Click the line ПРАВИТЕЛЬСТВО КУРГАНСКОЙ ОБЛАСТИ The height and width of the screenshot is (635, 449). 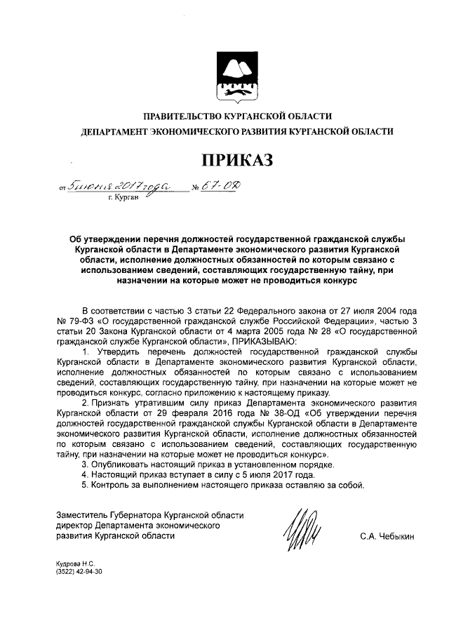237,116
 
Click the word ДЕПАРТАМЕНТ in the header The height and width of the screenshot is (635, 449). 114,131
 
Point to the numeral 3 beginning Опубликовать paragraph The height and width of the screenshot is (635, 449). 85,464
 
